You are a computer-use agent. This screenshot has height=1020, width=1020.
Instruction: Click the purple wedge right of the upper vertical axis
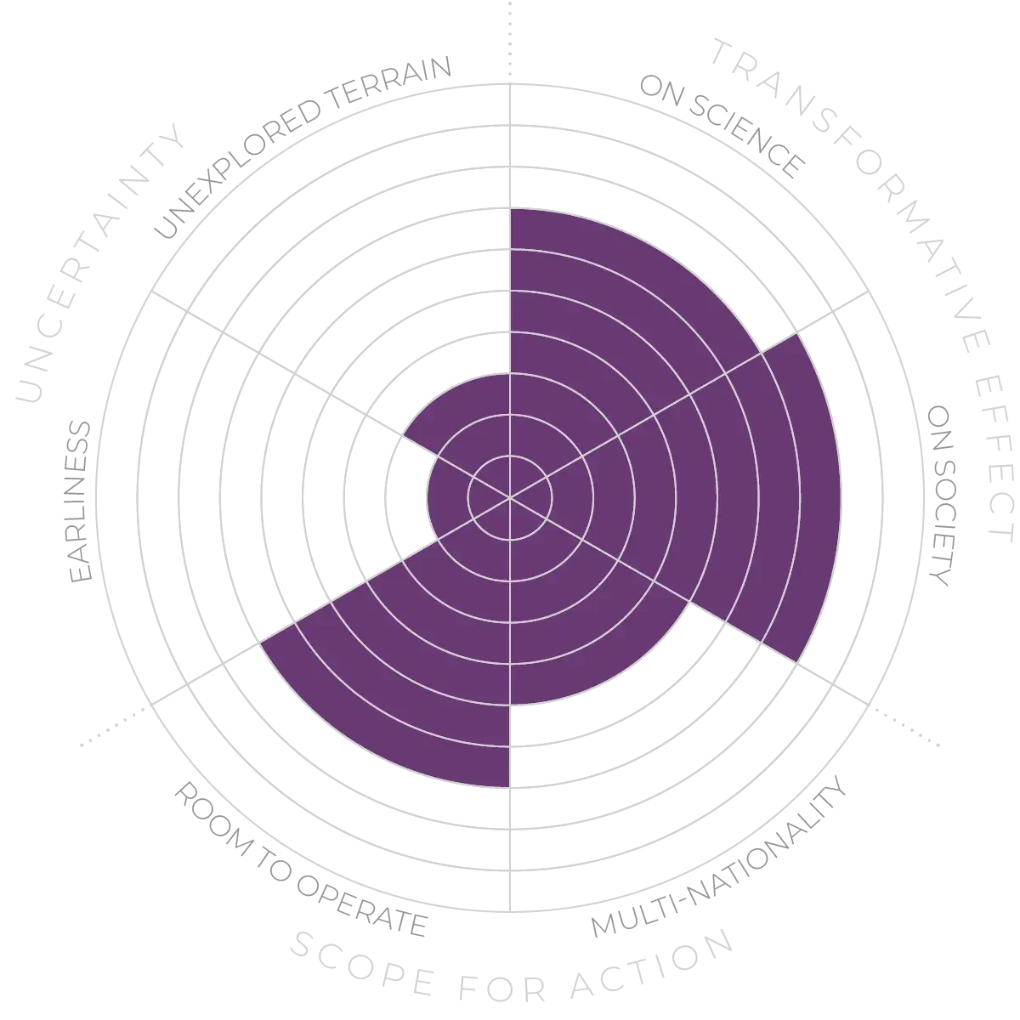click(x=612, y=323)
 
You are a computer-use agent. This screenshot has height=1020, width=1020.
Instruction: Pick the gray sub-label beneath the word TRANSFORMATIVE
click(x=722, y=127)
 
